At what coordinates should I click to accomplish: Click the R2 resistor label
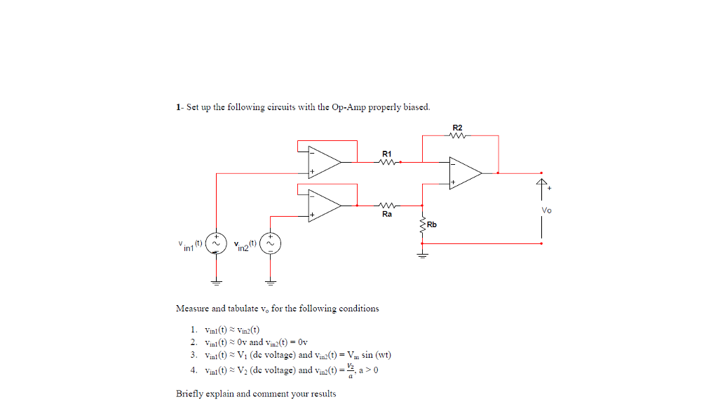coord(458,128)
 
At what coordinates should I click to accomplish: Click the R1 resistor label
coord(387,153)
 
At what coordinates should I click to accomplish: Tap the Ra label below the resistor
coord(387,214)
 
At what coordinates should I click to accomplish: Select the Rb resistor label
coord(431,225)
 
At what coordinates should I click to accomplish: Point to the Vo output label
coord(546,210)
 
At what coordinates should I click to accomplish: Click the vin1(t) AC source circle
coord(217,243)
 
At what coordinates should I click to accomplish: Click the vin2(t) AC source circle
coord(271,243)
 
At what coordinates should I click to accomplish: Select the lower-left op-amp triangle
coord(322,205)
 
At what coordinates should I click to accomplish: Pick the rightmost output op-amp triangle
coord(464,173)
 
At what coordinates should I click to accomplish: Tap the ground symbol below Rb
coord(422,255)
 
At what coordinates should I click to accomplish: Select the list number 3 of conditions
coord(193,356)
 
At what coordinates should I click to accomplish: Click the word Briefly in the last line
coord(190,393)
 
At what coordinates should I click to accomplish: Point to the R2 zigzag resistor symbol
coord(458,137)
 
